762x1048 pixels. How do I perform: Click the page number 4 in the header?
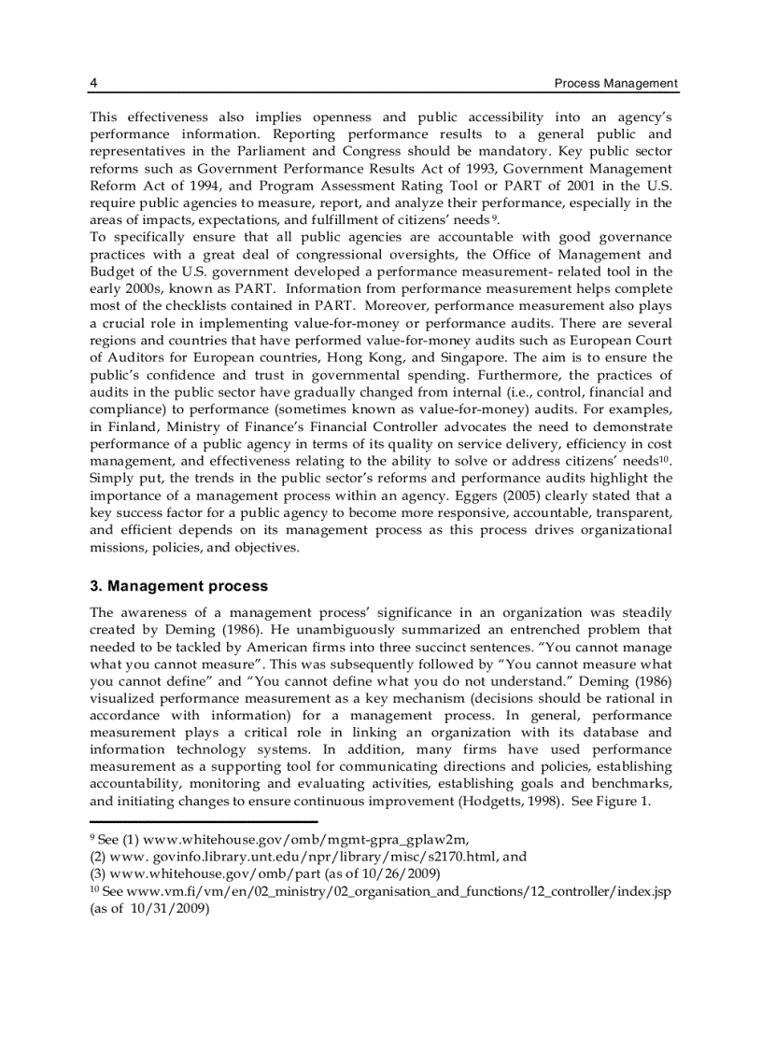coord(93,83)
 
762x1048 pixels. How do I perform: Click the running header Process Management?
coord(615,83)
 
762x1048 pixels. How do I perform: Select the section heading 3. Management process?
coord(178,586)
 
